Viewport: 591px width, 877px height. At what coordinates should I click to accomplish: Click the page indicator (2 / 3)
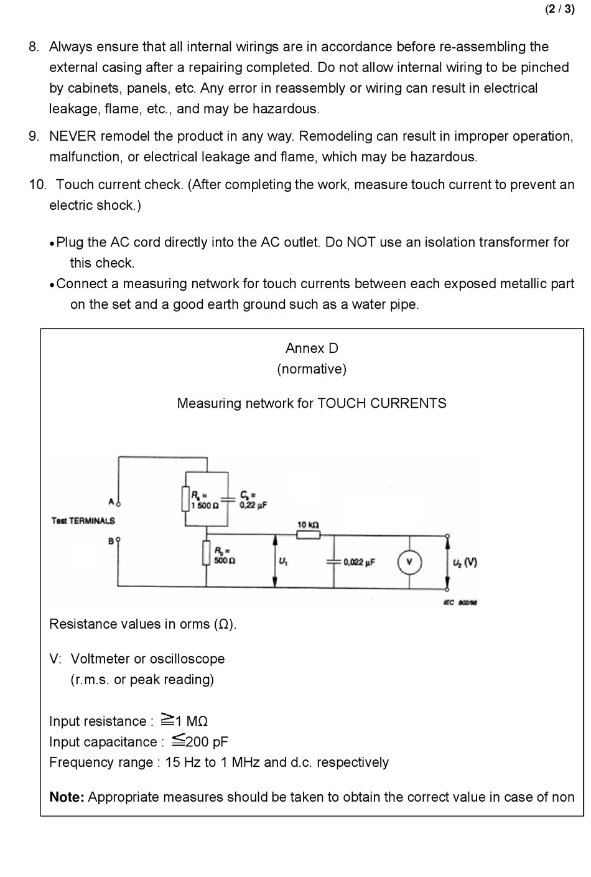[560, 9]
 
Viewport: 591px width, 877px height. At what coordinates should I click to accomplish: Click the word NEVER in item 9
[73, 136]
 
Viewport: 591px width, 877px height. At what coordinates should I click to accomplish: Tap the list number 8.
[34, 47]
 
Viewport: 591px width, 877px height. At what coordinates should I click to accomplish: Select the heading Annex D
[312, 348]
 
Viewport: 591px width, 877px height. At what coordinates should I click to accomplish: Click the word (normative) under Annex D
[312, 369]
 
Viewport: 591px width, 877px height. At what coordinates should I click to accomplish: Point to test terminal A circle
[119, 504]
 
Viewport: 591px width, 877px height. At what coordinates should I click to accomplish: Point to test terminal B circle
[118, 540]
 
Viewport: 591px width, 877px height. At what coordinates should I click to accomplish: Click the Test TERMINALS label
[83, 521]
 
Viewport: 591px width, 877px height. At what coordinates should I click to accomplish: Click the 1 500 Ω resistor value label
[204, 505]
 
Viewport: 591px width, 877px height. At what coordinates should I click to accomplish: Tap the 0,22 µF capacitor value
[253, 505]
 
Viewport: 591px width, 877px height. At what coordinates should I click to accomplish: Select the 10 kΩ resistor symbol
[309, 535]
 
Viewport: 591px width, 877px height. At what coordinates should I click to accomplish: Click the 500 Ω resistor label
[225, 561]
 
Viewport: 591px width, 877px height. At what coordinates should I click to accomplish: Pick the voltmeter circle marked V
[409, 562]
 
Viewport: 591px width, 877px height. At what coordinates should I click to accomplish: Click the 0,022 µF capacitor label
[360, 562]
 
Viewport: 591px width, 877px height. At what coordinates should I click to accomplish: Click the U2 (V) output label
[465, 563]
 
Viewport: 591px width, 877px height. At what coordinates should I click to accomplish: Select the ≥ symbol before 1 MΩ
[168, 719]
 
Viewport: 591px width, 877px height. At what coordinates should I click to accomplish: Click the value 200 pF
[207, 741]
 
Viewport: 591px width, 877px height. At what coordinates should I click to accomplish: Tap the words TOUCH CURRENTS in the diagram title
[381, 403]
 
